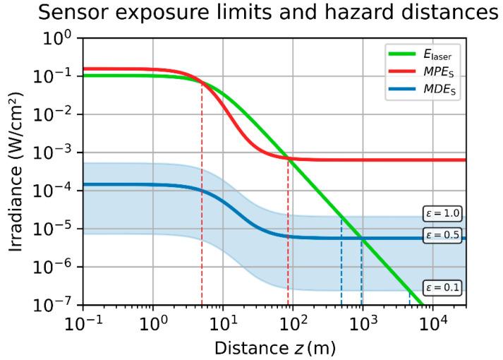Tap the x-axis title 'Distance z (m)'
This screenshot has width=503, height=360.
[x=274, y=347]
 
